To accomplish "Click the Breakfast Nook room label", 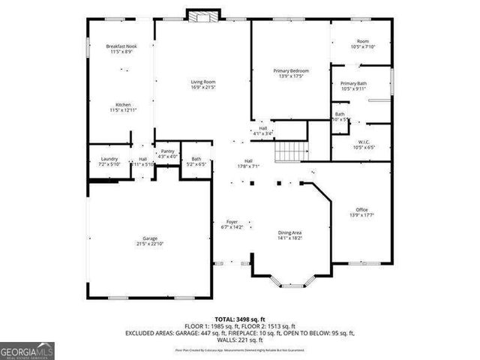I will (x=120, y=46).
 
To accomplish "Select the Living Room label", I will (x=202, y=82).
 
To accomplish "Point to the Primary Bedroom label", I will (x=291, y=70).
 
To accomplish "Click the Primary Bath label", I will (x=353, y=83).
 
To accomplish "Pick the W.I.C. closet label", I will (x=363, y=142).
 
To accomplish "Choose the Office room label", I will (x=361, y=209).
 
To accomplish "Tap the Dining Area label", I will (x=290, y=232).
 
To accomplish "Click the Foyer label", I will (x=232, y=221).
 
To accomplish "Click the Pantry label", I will (x=168, y=151).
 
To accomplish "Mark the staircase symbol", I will (x=291, y=151).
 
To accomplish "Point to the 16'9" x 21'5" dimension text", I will (x=202, y=87).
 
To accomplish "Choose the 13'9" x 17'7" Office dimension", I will (x=361, y=215).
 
